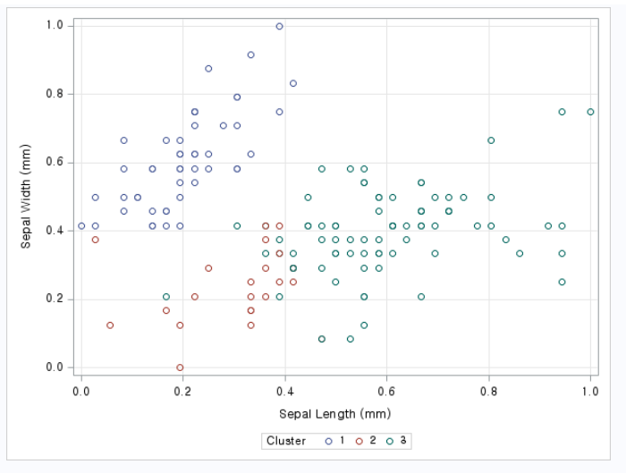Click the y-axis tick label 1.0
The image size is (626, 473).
[x=55, y=26]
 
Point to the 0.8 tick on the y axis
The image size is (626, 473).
[x=55, y=94]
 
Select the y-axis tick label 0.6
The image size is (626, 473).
[x=55, y=163]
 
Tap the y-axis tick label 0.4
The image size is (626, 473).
[x=55, y=231]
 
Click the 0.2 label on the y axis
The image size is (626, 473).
[x=55, y=300]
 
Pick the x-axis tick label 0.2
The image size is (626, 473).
[x=183, y=391]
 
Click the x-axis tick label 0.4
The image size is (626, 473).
[x=285, y=391]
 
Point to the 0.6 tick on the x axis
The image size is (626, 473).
[x=386, y=391]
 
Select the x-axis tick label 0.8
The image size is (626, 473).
[x=488, y=391]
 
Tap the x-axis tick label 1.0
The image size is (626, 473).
[x=590, y=391]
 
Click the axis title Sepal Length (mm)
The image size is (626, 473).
[x=334, y=414]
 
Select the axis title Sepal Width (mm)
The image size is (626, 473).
[x=27, y=196]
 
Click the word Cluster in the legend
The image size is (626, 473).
[x=286, y=441]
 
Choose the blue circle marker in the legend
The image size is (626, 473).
[x=328, y=441]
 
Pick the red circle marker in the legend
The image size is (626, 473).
[x=360, y=441]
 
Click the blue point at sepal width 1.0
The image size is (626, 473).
[x=279, y=26]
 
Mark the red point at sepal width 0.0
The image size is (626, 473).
[x=180, y=367]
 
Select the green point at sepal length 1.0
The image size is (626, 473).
[x=590, y=112]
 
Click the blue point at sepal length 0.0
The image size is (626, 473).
[x=81, y=225]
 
